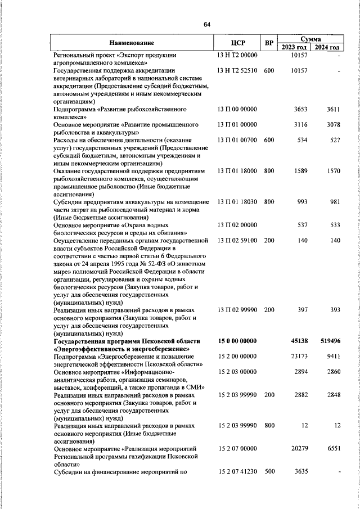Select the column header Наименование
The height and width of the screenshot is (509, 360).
click(131, 43)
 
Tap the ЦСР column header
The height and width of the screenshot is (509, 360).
click(237, 43)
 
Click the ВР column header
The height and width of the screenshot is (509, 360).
click(269, 43)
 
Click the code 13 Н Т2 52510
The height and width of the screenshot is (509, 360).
click(237, 71)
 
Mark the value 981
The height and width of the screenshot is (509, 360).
click(334, 201)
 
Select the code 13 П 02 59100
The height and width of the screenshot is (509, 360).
click(237, 240)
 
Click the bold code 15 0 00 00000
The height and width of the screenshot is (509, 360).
click(237, 341)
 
